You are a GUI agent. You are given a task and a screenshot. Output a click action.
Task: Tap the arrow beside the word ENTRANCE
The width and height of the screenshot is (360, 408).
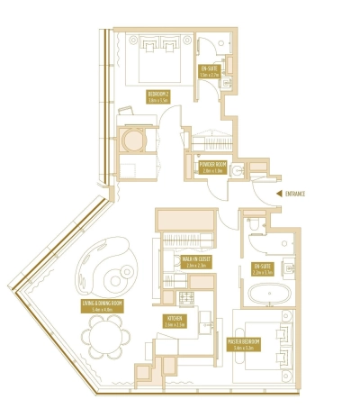[277, 193]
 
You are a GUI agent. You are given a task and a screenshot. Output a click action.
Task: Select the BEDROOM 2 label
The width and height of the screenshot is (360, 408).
[158, 95]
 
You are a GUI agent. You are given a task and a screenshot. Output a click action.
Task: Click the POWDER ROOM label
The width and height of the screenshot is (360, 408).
[211, 167]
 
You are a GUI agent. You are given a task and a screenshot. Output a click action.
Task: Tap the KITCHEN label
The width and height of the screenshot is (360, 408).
[175, 320]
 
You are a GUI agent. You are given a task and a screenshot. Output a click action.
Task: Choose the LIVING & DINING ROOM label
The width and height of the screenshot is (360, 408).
[102, 307]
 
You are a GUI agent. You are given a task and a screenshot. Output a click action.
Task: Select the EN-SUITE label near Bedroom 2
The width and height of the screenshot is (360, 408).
[209, 69]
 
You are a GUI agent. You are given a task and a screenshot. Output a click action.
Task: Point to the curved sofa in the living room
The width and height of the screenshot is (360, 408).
[110, 267]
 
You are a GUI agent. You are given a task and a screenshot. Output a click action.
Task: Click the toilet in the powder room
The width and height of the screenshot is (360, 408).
[237, 171]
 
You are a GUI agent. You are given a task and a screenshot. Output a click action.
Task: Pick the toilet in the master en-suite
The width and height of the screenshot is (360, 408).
[253, 227]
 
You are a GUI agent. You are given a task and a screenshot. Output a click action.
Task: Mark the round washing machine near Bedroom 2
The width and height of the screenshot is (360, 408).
[133, 142]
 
